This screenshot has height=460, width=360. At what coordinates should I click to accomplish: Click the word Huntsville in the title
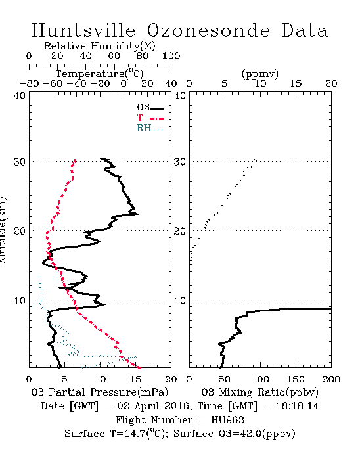tap(83, 30)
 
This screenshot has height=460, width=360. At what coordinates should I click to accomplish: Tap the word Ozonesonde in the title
tap(208, 30)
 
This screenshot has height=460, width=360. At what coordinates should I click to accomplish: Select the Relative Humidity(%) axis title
tap(100, 46)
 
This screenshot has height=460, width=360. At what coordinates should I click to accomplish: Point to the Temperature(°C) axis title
tap(100, 74)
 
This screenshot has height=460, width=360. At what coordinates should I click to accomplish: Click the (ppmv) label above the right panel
tap(260, 74)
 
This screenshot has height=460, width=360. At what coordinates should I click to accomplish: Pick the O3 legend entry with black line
tap(150, 107)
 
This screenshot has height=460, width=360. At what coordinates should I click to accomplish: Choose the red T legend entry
tap(150, 118)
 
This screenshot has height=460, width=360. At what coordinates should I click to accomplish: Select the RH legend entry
tap(150, 128)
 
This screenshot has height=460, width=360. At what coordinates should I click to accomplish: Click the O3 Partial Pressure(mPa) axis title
tap(100, 392)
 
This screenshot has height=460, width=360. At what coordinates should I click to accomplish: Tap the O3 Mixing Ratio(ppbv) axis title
tap(259, 392)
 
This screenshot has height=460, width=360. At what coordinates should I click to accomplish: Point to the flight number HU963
tap(227, 420)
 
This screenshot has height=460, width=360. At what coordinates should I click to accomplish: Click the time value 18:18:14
tap(298, 406)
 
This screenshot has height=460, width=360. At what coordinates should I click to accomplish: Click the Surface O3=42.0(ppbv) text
tap(234, 434)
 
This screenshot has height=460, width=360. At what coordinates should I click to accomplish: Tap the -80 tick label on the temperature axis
tap(29, 84)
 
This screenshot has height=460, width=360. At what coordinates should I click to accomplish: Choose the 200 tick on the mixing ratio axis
tap(331, 379)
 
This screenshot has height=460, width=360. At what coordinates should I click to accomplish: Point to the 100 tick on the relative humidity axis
tap(171, 56)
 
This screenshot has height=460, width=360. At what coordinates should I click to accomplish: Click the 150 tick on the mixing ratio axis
tap(296, 379)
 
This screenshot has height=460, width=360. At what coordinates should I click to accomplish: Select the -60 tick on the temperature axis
tap(53, 84)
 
